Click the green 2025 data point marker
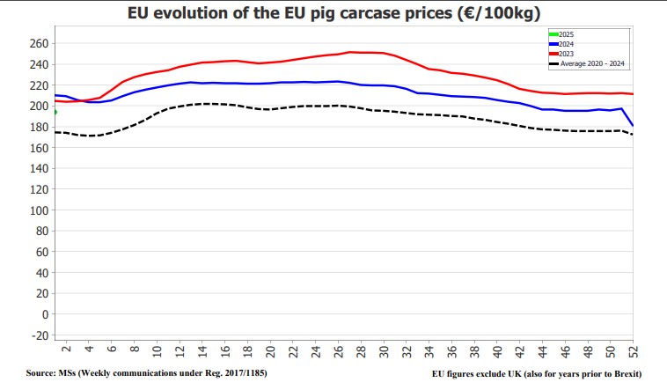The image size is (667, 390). pos(54,112)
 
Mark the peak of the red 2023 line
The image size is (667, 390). pos(350,52)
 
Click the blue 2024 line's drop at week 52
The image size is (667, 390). pos(632,125)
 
